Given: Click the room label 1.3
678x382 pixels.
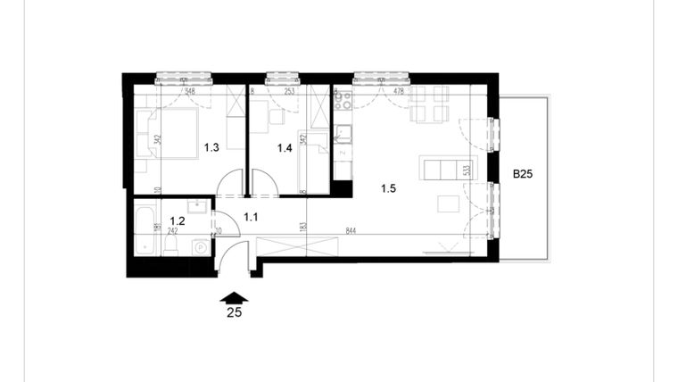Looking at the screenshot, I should point(211,148).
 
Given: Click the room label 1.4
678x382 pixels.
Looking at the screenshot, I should point(285,148).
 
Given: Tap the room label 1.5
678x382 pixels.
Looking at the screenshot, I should point(388,187).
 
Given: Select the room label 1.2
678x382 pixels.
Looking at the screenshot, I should point(177,221).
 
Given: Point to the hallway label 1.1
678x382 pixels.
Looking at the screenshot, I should point(250,216).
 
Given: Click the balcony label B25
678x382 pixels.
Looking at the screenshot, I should point(522,175).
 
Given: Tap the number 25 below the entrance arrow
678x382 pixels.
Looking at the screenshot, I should point(234,312).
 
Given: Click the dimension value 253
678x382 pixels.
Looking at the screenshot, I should point(290,90).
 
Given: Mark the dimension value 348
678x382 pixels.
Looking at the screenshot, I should point(190,90).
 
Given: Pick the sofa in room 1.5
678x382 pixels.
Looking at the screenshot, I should point(449,167).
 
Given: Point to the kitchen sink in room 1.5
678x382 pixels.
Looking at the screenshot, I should point(343,135).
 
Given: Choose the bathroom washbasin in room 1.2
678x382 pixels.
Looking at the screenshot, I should point(198,208).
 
